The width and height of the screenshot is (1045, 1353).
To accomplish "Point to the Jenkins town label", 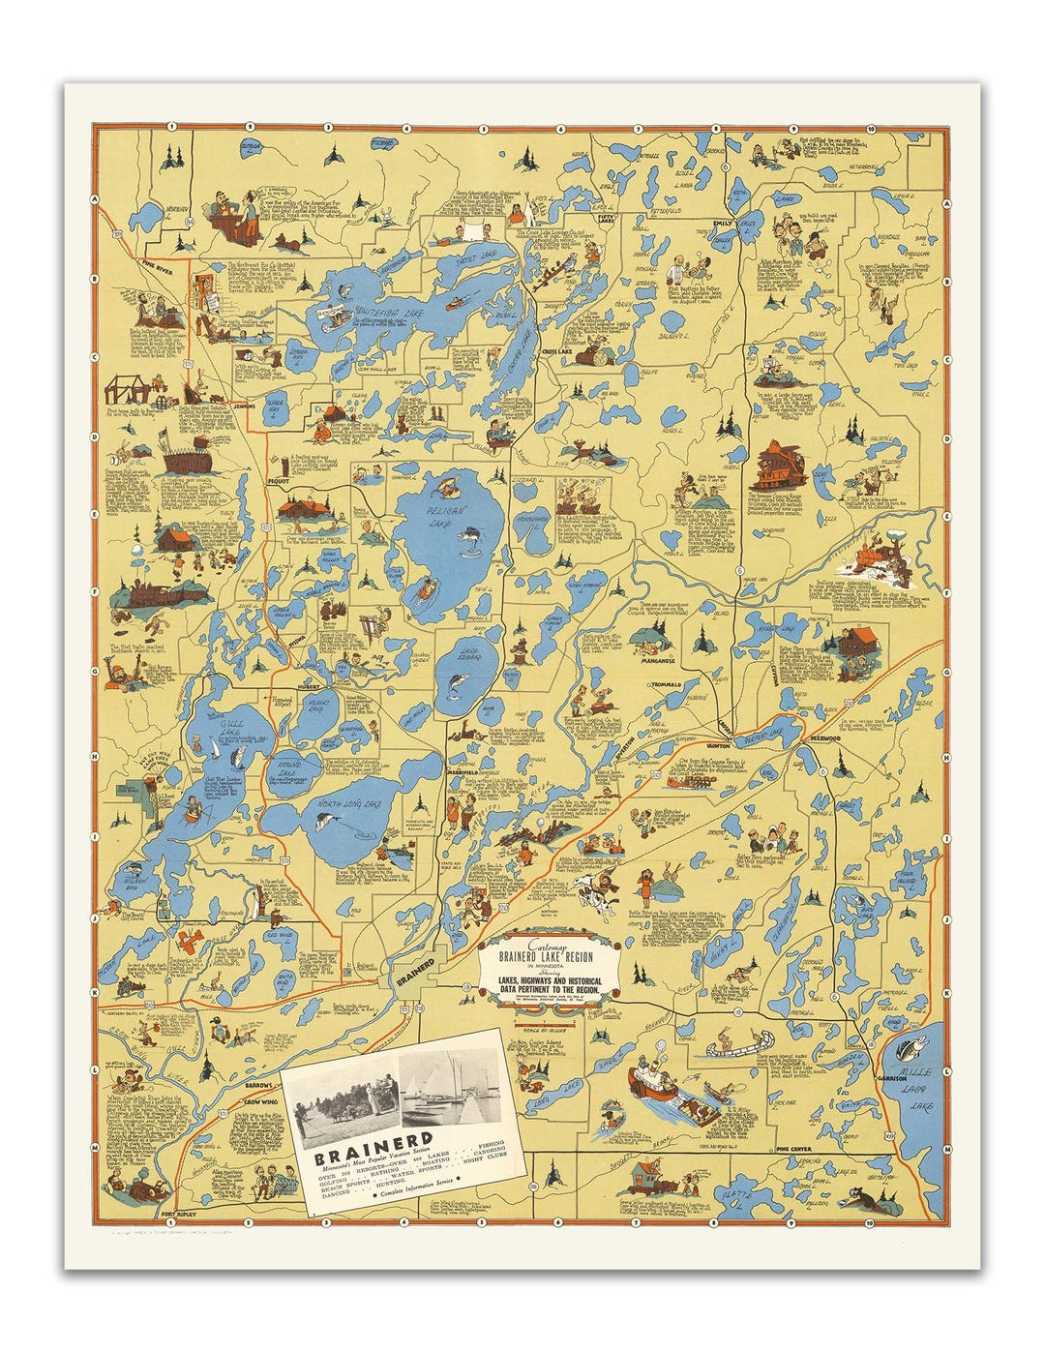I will pos(245,406).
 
